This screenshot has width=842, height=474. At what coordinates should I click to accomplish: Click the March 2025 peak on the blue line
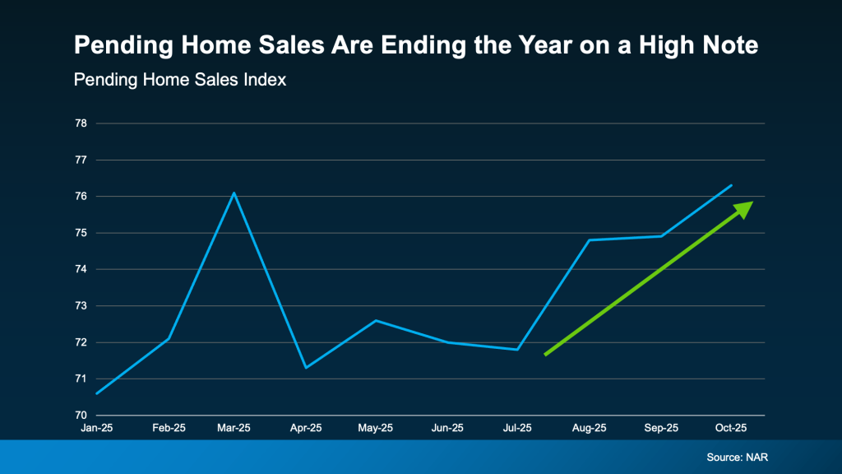[234, 193]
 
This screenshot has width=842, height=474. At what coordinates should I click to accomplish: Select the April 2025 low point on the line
[306, 367]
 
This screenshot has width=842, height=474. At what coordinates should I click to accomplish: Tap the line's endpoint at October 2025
[731, 185]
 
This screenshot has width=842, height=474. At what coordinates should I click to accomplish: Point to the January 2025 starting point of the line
[97, 393]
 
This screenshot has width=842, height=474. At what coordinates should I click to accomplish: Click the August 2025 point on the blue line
[589, 240]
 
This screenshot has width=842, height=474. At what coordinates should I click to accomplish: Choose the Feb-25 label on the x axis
[168, 428]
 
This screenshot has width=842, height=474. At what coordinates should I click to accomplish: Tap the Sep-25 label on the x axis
[660, 428]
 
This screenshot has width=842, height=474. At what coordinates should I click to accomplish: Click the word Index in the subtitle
[266, 81]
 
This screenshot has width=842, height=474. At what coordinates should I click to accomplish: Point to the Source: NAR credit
[738, 457]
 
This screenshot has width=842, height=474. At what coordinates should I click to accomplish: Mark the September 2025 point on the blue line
[660, 236]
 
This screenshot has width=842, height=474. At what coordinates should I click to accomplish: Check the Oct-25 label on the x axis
[731, 428]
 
